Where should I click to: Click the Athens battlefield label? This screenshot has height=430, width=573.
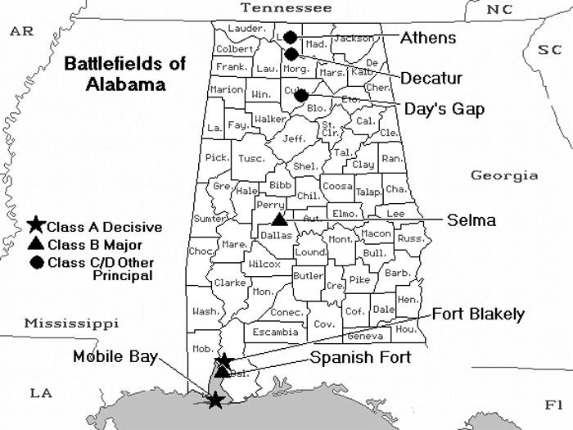pos(428,38)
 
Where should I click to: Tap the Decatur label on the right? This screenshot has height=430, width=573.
pos(431,79)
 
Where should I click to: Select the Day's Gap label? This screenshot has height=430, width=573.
pos(444,108)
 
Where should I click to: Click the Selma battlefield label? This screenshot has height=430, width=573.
pos(471,220)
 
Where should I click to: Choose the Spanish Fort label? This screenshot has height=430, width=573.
pos(360,358)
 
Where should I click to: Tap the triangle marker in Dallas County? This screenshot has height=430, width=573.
pos(279,219)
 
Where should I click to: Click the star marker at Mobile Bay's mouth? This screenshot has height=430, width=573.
pos(214,400)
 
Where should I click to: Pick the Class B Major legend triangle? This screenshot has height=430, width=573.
pos(36,244)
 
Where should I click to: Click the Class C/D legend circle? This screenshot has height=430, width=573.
pos(36,262)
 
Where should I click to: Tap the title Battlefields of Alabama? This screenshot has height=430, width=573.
pos(125,74)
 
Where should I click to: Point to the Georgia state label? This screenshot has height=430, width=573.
pos(504,175)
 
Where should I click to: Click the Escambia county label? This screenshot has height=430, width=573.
pos(276,332)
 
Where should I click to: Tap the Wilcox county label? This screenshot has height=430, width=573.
pos(264,265)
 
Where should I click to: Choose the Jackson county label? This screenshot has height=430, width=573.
pos(354,38)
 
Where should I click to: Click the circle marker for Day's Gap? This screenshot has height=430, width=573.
pos(301,96)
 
